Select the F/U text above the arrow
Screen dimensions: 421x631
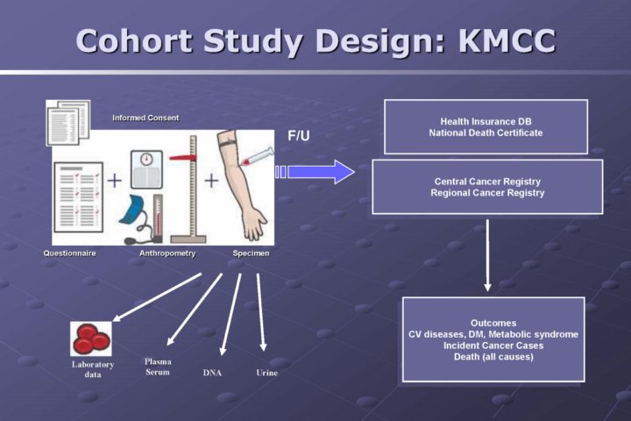[x=299, y=136]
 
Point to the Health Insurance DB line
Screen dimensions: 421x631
[x=486, y=121]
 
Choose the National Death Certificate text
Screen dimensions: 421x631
[x=486, y=133]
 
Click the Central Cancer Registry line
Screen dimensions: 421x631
[x=487, y=181]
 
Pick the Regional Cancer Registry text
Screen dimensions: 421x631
[x=487, y=193]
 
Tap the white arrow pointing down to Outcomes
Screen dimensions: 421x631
[x=488, y=254]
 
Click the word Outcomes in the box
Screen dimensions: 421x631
[x=493, y=323]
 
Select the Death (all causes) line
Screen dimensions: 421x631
[x=493, y=357]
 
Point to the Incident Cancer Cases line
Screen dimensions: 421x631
[x=493, y=346]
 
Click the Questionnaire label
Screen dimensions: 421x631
[x=69, y=253]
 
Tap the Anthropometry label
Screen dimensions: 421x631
[x=167, y=253]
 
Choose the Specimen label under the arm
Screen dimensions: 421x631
[x=252, y=253]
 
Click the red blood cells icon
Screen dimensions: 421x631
[x=90, y=339]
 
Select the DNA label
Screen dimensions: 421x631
[x=212, y=373]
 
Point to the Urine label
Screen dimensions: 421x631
[x=266, y=373]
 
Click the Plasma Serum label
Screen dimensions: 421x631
[x=158, y=367]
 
